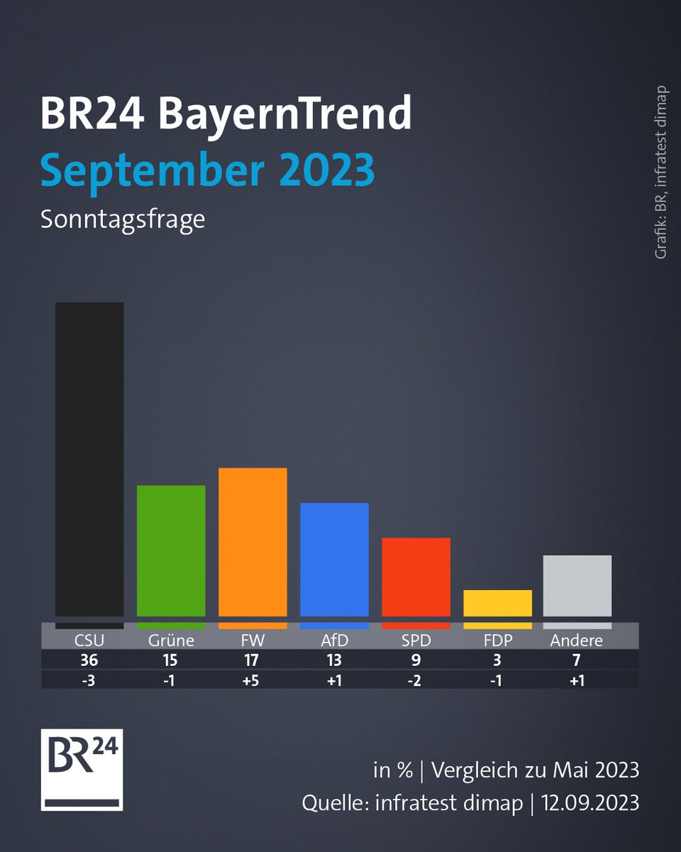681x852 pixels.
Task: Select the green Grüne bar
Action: (x=171, y=551)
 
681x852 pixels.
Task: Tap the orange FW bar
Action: (x=253, y=542)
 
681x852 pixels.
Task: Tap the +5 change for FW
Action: (x=253, y=679)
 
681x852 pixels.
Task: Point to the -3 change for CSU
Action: (x=89, y=679)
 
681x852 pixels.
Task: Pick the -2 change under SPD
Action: (x=416, y=679)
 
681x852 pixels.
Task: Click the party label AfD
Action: (x=334, y=640)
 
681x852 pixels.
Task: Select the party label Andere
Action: (x=577, y=640)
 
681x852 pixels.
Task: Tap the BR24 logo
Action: (x=82, y=769)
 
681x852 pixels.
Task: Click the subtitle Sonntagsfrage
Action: (x=123, y=219)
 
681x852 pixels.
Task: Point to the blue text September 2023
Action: (x=207, y=170)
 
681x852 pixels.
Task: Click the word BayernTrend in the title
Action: (x=284, y=114)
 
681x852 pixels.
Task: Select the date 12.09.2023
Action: (x=591, y=803)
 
